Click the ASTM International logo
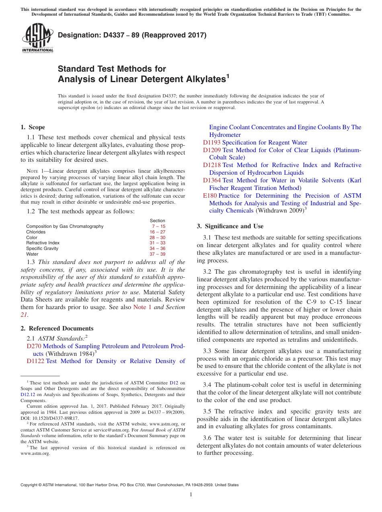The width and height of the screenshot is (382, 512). pyautogui.click(x=37, y=38)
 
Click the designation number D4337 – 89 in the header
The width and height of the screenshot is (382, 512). pyautogui.click(x=132, y=35)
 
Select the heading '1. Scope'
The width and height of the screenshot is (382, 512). pyautogui.click(x=33, y=127)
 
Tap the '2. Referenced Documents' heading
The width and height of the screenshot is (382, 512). pyautogui.click(x=57, y=328)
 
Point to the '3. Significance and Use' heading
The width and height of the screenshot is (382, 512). pyautogui.click(x=230, y=226)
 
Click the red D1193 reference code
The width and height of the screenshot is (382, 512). pyautogui.click(x=212, y=142)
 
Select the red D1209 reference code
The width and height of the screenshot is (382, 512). pyautogui.click(x=212, y=150)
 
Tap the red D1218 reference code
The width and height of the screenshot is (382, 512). pyautogui.click(x=212, y=165)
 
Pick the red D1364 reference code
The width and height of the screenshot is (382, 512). pyautogui.click(x=212, y=180)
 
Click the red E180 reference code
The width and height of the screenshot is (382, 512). pyautogui.click(x=209, y=196)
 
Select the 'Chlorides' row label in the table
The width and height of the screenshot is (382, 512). pyautogui.click(x=36, y=232)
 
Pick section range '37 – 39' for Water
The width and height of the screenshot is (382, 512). pyautogui.click(x=157, y=254)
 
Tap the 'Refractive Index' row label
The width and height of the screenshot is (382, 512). pyautogui.click(x=43, y=243)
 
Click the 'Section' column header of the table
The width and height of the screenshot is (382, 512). pyautogui.click(x=157, y=221)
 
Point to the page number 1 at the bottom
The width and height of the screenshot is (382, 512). pyautogui.click(x=191, y=494)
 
